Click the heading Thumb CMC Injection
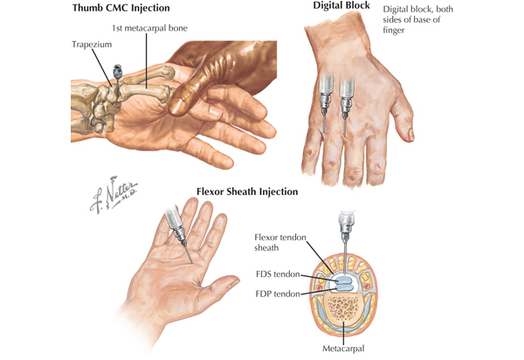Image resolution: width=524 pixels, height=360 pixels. (121, 8)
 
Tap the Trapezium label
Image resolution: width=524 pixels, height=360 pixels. (92, 45)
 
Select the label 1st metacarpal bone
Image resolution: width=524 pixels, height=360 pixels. (149, 28)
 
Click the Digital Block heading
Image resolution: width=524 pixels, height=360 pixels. (341, 5)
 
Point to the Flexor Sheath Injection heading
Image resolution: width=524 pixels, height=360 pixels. (247, 191)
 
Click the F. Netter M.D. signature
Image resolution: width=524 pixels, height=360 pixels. (113, 195)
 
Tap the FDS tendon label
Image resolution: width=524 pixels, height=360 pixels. (278, 274)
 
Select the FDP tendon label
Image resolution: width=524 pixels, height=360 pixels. (278, 294)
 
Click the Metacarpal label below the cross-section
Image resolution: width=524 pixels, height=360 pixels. (343, 349)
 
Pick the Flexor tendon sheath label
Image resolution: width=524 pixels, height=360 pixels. (280, 242)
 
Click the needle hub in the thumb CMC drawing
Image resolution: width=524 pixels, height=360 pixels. (117, 71)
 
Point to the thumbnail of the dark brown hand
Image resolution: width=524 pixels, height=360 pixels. (176, 107)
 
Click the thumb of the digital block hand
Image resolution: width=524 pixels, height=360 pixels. (403, 118)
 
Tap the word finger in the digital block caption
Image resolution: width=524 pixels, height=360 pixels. (394, 30)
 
